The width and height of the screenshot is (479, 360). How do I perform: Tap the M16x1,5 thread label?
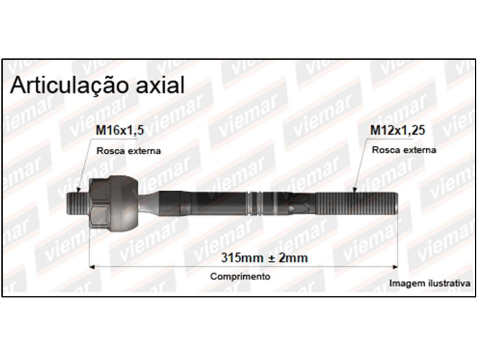tap(120, 130)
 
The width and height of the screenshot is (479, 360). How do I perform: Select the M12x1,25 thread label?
tap(398, 130)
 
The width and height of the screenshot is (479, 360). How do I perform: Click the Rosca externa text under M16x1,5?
tap(129, 151)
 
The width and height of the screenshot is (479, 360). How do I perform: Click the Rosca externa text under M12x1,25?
tap(404, 150)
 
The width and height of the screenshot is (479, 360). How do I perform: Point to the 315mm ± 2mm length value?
tap(264, 258)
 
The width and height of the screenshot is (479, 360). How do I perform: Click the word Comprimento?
tap(240, 276)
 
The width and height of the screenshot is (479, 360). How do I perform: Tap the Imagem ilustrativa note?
tap(429, 283)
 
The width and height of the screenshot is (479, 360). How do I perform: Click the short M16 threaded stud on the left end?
tap(78, 204)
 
